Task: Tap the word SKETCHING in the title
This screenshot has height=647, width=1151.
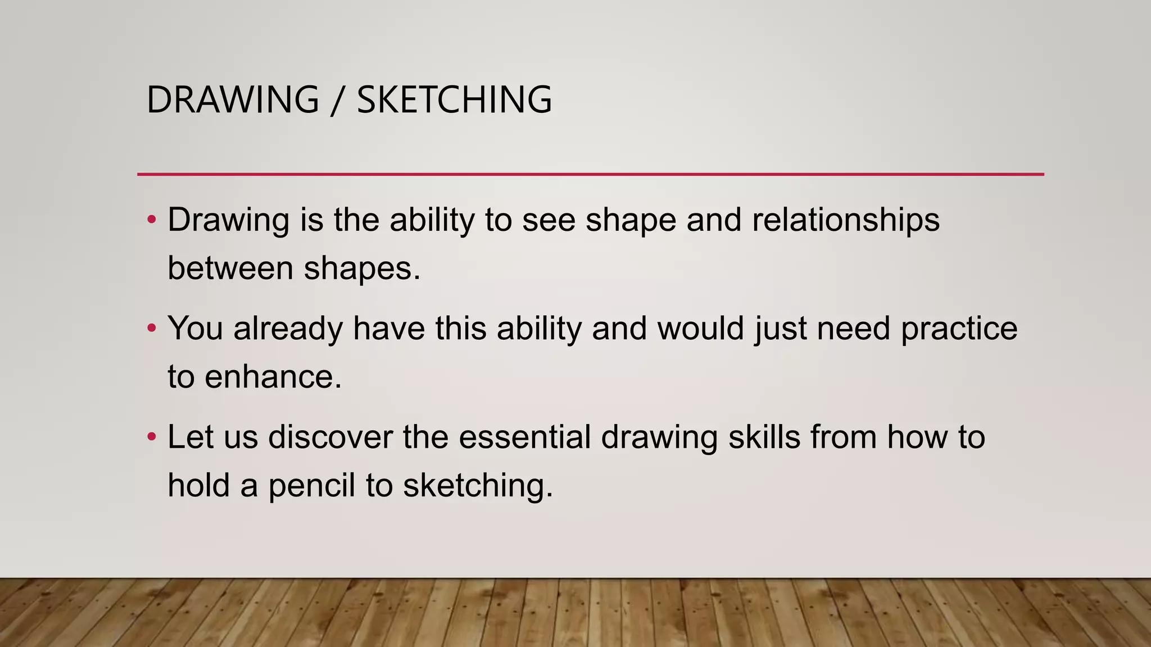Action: [454, 100]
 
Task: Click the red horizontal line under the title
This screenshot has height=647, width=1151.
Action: [590, 174]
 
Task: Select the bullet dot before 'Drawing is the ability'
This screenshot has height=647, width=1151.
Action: [151, 220]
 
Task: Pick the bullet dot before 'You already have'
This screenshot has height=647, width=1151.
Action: [151, 328]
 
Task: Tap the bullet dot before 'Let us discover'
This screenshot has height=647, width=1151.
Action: [151, 437]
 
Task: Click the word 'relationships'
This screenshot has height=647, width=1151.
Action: [845, 220]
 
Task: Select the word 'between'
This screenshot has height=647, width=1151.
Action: [230, 268]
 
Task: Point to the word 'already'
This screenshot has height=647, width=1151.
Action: [288, 329]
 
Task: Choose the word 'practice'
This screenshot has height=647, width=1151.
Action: [959, 329]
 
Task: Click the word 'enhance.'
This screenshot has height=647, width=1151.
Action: [273, 377]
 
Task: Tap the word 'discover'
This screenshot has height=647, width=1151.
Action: [330, 438]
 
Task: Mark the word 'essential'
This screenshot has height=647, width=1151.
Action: [524, 438]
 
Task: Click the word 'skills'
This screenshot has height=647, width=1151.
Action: [764, 438]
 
